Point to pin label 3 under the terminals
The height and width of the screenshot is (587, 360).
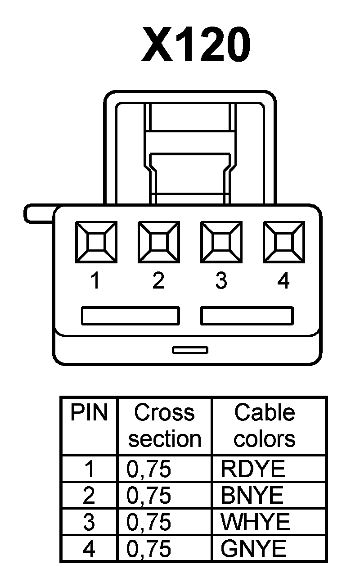[x=221, y=281]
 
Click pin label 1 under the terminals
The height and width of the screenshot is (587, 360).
[x=95, y=281]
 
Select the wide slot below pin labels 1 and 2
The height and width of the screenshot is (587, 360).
[x=130, y=316]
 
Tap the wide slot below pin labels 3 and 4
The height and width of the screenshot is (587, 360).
[x=247, y=316]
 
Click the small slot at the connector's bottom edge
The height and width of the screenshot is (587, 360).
[x=190, y=350]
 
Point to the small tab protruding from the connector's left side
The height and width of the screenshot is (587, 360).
[x=38, y=213]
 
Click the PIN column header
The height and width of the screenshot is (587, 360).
[x=89, y=413]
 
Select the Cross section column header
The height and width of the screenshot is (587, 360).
[x=164, y=425]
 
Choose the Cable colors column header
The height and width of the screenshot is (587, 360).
[x=265, y=425]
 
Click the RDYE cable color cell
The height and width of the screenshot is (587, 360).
[x=253, y=469]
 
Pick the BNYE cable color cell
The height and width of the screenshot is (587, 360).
[x=252, y=496]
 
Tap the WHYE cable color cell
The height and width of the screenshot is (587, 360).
[x=255, y=522]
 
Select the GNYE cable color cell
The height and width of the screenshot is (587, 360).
[x=253, y=549]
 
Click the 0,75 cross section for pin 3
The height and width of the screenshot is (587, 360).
[x=149, y=522]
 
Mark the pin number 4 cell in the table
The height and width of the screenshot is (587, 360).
[x=89, y=549]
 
